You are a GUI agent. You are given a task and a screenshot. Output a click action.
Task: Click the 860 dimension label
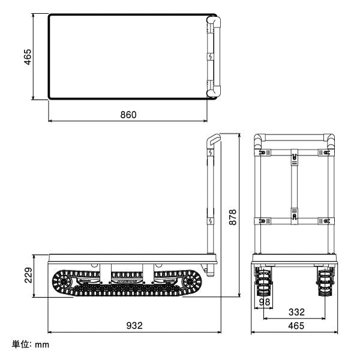tap(128, 115)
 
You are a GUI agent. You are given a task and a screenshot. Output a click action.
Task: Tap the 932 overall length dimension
tap(134, 325)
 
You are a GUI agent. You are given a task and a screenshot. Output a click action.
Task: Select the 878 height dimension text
tap(233, 217)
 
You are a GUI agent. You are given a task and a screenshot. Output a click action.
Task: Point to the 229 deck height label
tap(28, 275)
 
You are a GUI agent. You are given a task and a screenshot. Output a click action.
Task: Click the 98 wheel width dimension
tap(265, 302)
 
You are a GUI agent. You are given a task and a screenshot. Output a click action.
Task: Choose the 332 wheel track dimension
tap(296, 312)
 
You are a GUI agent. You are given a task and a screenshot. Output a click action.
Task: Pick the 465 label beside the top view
tap(28, 57)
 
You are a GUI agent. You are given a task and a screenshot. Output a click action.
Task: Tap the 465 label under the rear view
tap(296, 326)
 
